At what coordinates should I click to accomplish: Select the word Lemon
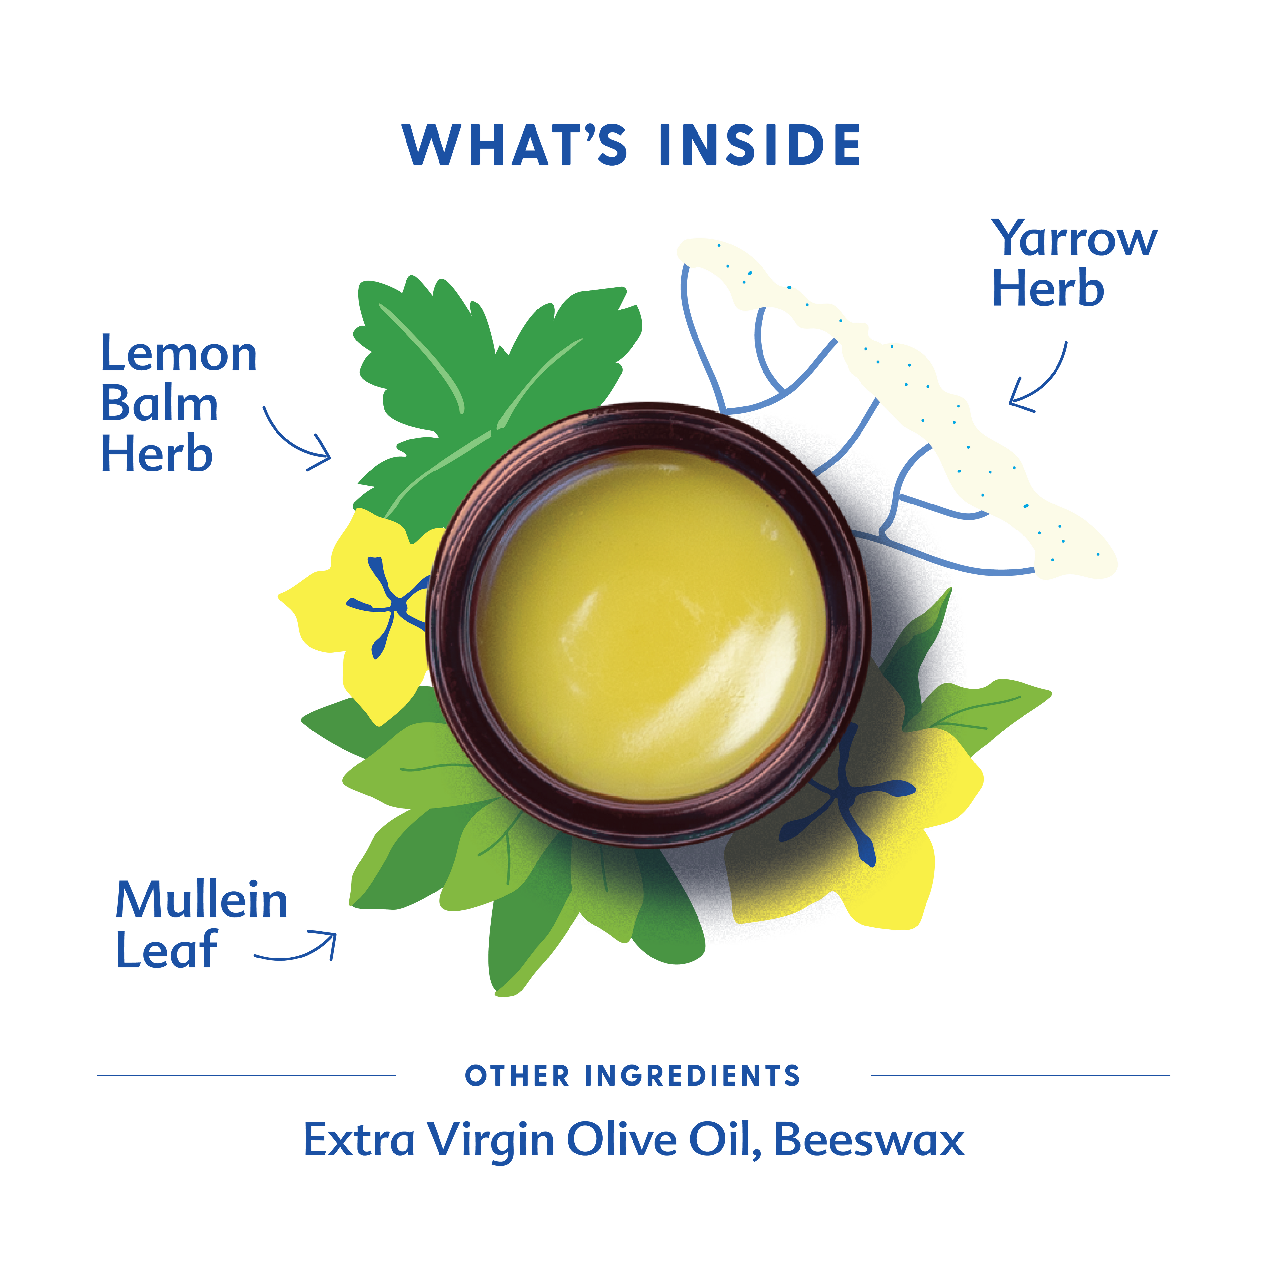coord(179,354)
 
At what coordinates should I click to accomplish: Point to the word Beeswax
coord(869,1140)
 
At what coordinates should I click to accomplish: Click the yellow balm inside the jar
coord(649,623)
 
